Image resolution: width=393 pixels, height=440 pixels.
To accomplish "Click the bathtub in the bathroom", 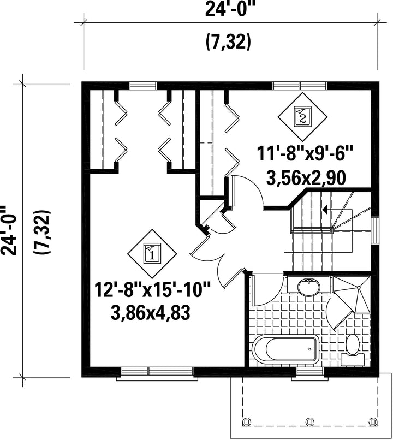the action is (285, 349).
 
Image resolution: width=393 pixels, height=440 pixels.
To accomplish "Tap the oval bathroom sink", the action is (308, 287).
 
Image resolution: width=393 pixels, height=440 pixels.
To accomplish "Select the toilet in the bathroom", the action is (353, 350).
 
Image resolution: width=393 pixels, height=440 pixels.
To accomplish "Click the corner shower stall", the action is (352, 295).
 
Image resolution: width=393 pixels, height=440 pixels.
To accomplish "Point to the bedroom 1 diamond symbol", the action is (152, 254).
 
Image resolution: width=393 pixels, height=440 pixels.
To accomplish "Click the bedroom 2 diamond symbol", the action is (302, 117).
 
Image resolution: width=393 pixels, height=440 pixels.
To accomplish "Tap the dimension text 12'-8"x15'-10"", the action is (152, 290).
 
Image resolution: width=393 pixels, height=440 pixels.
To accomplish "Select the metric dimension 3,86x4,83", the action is (151, 313).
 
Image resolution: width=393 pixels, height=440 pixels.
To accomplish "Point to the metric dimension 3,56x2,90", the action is (306, 177).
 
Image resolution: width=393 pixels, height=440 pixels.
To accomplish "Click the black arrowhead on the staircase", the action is (325, 209).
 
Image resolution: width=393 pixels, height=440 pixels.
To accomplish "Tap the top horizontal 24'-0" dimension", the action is (231, 9).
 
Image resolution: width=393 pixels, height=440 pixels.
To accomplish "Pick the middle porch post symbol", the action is (309, 421).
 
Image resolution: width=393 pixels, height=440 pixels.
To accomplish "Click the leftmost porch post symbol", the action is (246, 421).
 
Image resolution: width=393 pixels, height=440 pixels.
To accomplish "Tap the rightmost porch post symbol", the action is (372, 421).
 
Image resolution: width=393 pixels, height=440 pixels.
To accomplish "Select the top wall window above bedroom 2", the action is (300, 85).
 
